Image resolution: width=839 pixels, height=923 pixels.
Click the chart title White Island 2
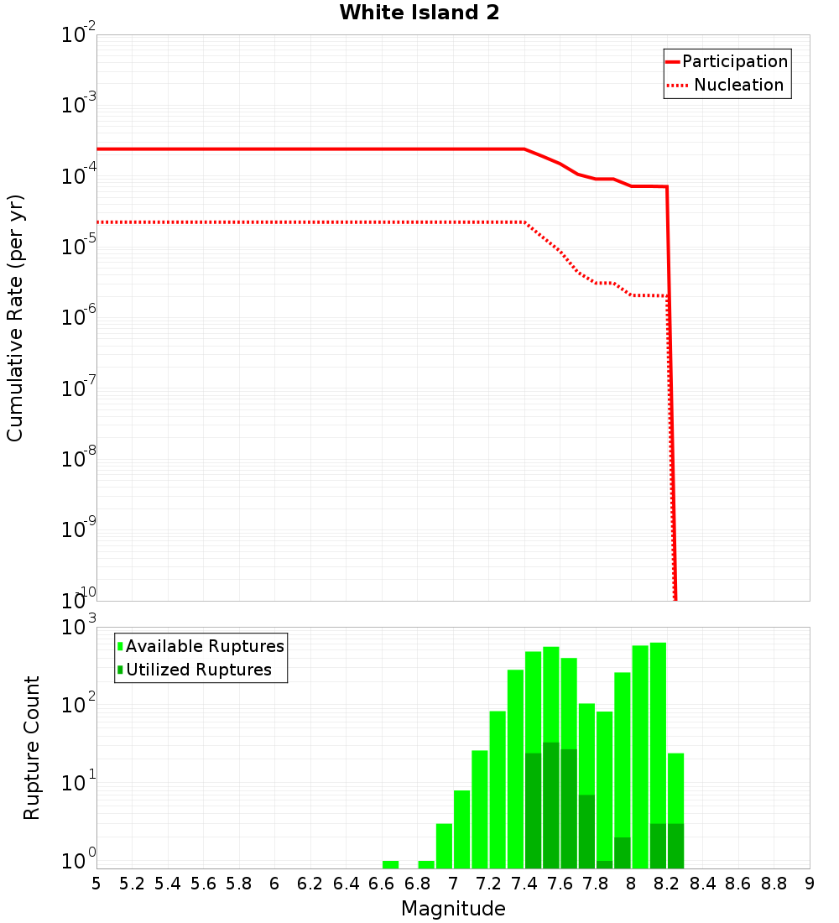tap(419, 13)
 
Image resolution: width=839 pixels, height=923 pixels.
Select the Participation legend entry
tap(734, 61)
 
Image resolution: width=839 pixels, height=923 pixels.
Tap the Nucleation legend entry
tap(737, 85)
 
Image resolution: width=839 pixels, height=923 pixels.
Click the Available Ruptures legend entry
tap(204, 646)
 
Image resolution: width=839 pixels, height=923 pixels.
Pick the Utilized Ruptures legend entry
tap(198, 670)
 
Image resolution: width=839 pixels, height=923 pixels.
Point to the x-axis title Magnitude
tap(453, 909)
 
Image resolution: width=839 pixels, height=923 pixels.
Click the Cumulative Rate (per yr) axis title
tap(16, 318)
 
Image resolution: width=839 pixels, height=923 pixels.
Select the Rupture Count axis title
tap(32, 748)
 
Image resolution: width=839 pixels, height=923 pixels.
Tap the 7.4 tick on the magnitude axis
tap(524, 883)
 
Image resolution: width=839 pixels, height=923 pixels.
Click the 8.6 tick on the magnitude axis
tap(738, 883)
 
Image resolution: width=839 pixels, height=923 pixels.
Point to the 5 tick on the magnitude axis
tap(96, 883)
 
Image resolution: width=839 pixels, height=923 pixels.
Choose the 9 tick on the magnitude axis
tap(810, 883)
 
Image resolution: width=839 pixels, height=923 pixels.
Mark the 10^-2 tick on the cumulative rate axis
tap(79, 35)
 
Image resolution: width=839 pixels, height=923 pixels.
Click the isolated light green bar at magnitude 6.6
tap(390, 864)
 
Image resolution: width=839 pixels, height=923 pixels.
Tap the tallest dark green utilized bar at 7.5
tap(550, 806)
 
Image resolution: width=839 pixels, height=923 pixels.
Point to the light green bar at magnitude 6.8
tap(426, 864)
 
